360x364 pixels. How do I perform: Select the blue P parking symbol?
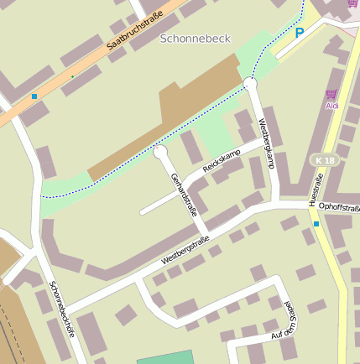(x=300, y=33)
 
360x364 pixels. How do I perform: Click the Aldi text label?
(x=332, y=106)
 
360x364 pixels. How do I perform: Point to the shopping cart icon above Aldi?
(x=331, y=94)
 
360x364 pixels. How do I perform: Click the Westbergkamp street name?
(x=267, y=143)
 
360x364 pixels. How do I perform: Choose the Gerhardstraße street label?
(x=184, y=195)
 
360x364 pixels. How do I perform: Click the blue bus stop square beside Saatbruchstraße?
(x=34, y=96)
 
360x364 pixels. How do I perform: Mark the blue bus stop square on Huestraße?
(x=316, y=224)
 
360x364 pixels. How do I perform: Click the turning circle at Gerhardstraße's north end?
(x=160, y=152)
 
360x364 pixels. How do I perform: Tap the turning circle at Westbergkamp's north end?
(x=249, y=84)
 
